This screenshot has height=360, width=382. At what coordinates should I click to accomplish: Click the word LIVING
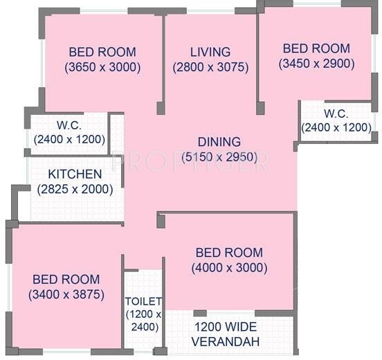tap(210, 52)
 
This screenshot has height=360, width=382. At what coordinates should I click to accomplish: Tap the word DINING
tap(219, 143)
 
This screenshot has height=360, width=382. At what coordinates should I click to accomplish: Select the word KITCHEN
tap(75, 174)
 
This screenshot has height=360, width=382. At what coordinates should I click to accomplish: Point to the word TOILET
tap(143, 301)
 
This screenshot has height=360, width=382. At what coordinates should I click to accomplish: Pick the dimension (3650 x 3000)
tap(102, 67)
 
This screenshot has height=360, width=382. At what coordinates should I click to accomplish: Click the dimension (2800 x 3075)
tap(210, 67)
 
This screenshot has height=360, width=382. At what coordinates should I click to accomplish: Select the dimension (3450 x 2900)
tap(316, 64)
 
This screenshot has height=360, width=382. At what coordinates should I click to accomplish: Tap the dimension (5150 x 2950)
tap(224, 158)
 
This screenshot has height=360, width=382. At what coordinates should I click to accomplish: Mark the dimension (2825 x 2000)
tap(75, 189)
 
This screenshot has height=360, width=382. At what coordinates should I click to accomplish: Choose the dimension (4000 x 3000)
tap(229, 268)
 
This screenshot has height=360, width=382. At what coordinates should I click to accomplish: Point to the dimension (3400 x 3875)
tap(66, 294)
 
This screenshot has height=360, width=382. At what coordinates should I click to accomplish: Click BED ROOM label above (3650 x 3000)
tap(102, 52)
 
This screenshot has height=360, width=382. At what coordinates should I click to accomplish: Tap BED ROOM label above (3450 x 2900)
tap(316, 48)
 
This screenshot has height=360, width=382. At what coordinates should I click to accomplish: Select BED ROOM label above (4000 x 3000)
tap(229, 253)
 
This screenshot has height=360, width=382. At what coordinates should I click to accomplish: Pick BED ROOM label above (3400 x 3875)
tap(66, 279)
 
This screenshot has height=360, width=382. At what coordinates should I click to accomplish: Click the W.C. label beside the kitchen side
tap(69, 125)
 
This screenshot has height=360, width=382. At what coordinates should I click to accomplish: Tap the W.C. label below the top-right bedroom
tap(336, 113)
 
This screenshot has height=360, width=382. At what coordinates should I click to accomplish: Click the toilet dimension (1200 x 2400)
tap(144, 320)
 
